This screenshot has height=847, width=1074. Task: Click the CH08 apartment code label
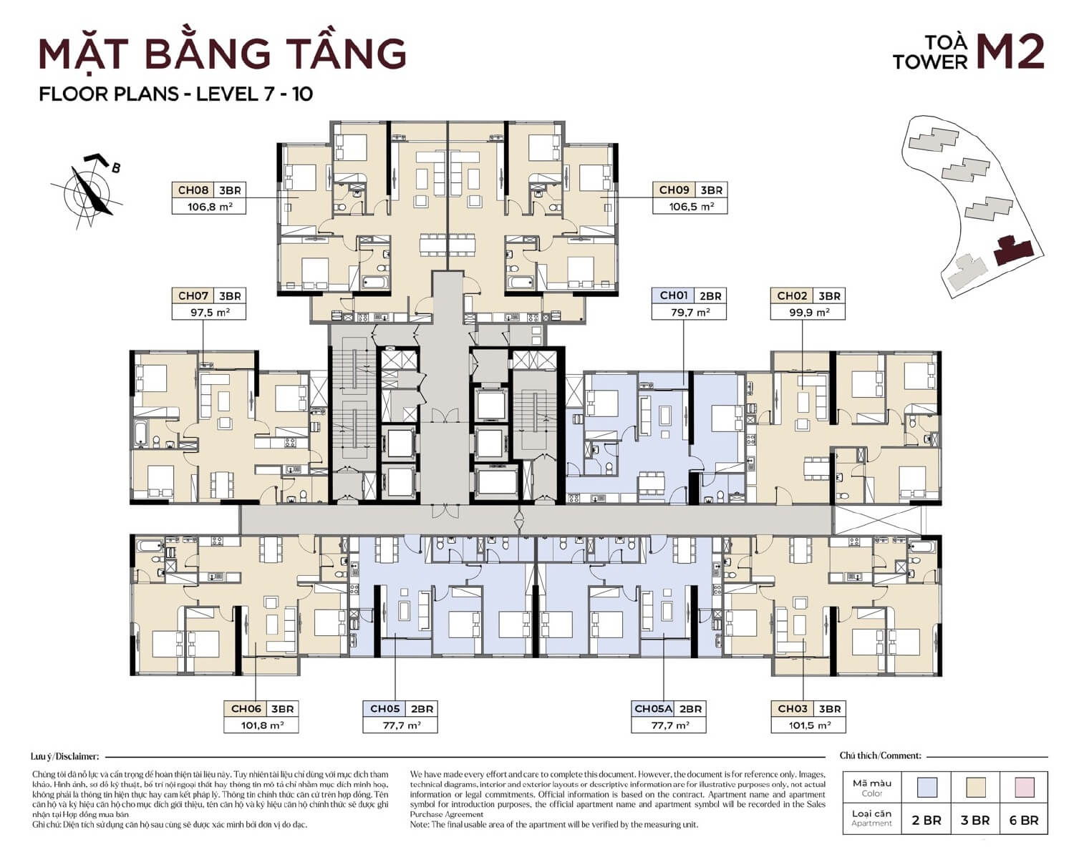tap(193, 190)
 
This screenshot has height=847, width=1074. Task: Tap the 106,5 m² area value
tap(690, 206)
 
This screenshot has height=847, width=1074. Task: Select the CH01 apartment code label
tap(673, 295)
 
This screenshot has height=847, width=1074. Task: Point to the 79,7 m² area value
tap(688, 312)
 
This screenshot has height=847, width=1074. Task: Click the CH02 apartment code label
tap(792, 295)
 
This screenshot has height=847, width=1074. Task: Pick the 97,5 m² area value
tap(208, 312)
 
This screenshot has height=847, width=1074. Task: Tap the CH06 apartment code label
tap(246, 709)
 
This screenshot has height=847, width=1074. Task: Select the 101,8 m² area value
tap(261, 725)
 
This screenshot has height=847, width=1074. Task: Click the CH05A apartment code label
tap(653, 709)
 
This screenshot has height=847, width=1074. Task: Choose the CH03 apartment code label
tap(792, 709)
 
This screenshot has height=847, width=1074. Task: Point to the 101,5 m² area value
tap(808, 725)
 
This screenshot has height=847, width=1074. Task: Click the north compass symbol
tap(87, 190)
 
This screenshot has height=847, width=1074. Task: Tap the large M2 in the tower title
tap(1010, 52)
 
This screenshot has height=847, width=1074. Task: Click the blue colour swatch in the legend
tap(927, 788)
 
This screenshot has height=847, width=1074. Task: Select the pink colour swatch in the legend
tap(1024, 788)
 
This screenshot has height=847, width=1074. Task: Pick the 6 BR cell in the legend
tap(1024, 821)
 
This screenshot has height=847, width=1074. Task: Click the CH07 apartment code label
tap(193, 295)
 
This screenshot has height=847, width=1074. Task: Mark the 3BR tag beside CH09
tap(712, 190)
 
